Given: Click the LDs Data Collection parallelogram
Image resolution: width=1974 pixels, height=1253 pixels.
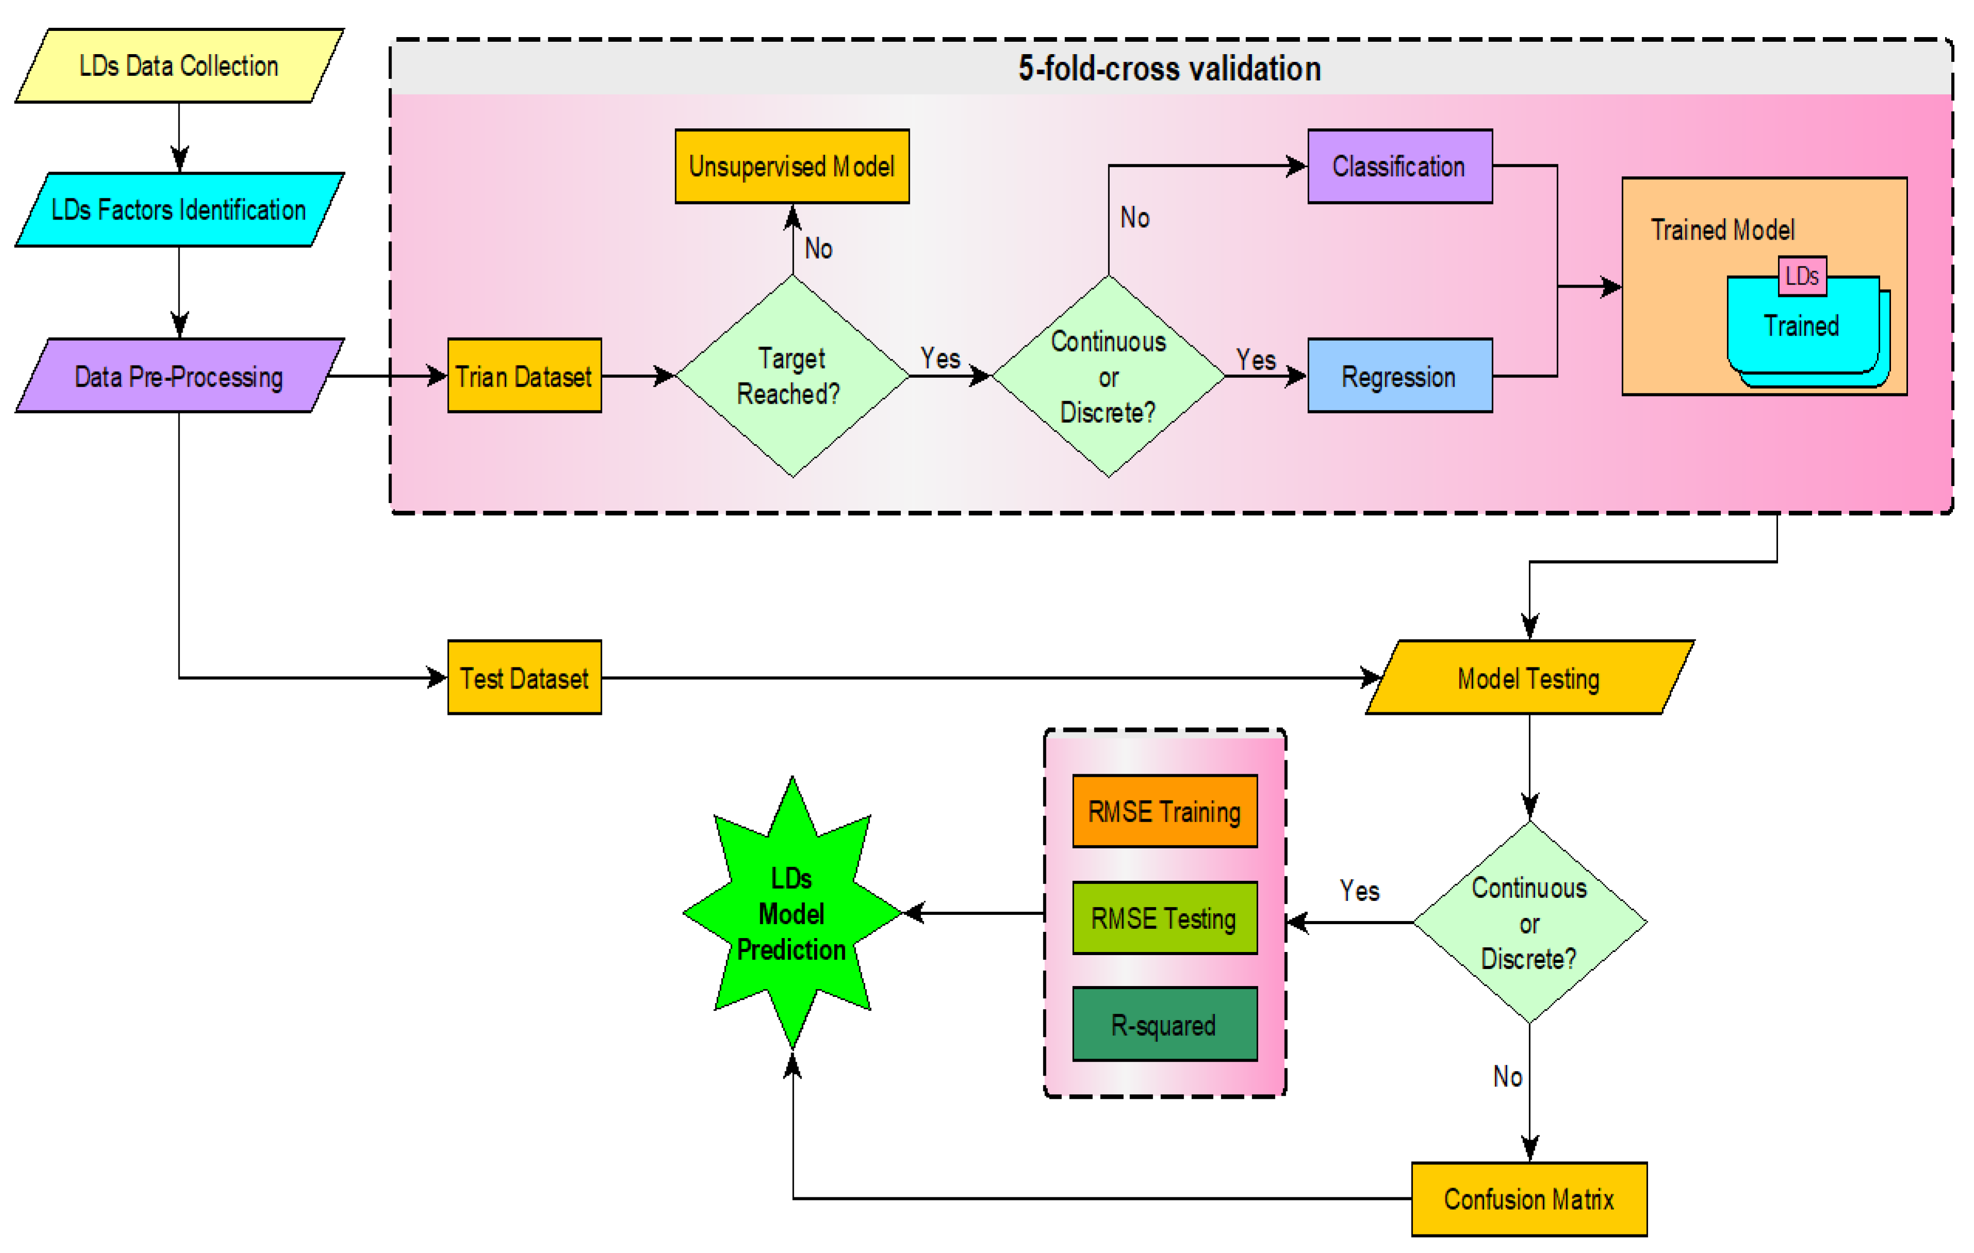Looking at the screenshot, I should click(x=179, y=65).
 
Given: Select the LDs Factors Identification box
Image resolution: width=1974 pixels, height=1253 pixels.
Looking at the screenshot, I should click(x=179, y=210).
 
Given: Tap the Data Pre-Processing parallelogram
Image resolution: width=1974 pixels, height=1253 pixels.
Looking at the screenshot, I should click(x=179, y=376).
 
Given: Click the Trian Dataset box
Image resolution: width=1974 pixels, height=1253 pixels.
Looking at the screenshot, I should click(x=524, y=376).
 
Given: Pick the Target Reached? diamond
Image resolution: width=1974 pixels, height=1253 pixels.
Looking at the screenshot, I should click(x=792, y=376).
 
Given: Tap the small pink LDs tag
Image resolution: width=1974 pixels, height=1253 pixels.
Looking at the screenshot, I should click(x=1801, y=276).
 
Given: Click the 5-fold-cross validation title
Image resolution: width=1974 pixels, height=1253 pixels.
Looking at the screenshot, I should click(x=1169, y=68).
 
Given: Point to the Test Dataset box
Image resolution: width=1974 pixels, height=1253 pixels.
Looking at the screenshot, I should click(x=524, y=678).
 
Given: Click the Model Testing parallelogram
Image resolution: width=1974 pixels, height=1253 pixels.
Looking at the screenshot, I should click(x=1529, y=678).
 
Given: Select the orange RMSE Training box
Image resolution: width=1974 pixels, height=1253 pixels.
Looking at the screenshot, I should click(x=1164, y=811).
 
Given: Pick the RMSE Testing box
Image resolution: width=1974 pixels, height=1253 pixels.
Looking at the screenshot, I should click(x=1164, y=918).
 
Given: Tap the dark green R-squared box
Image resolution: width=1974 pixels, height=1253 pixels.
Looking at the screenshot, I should click(x=1164, y=1024).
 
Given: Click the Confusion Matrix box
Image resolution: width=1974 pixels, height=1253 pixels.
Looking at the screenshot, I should click(x=1529, y=1199).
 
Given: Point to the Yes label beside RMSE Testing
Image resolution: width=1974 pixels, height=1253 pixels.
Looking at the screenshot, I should click(x=1359, y=891).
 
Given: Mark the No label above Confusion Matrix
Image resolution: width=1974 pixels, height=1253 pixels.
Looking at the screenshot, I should click(x=1507, y=1076).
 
